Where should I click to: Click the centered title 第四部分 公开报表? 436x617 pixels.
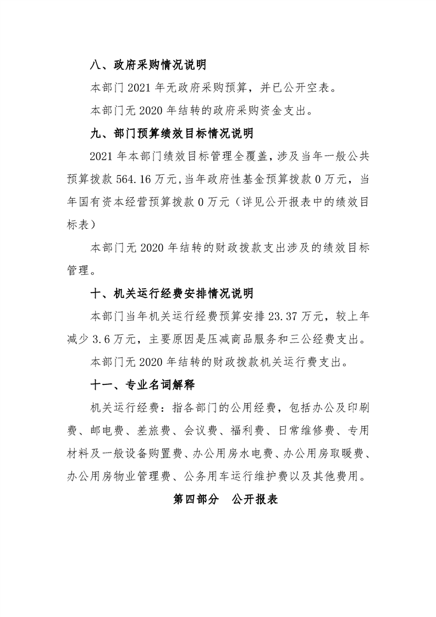pyautogui.click(x=218, y=499)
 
